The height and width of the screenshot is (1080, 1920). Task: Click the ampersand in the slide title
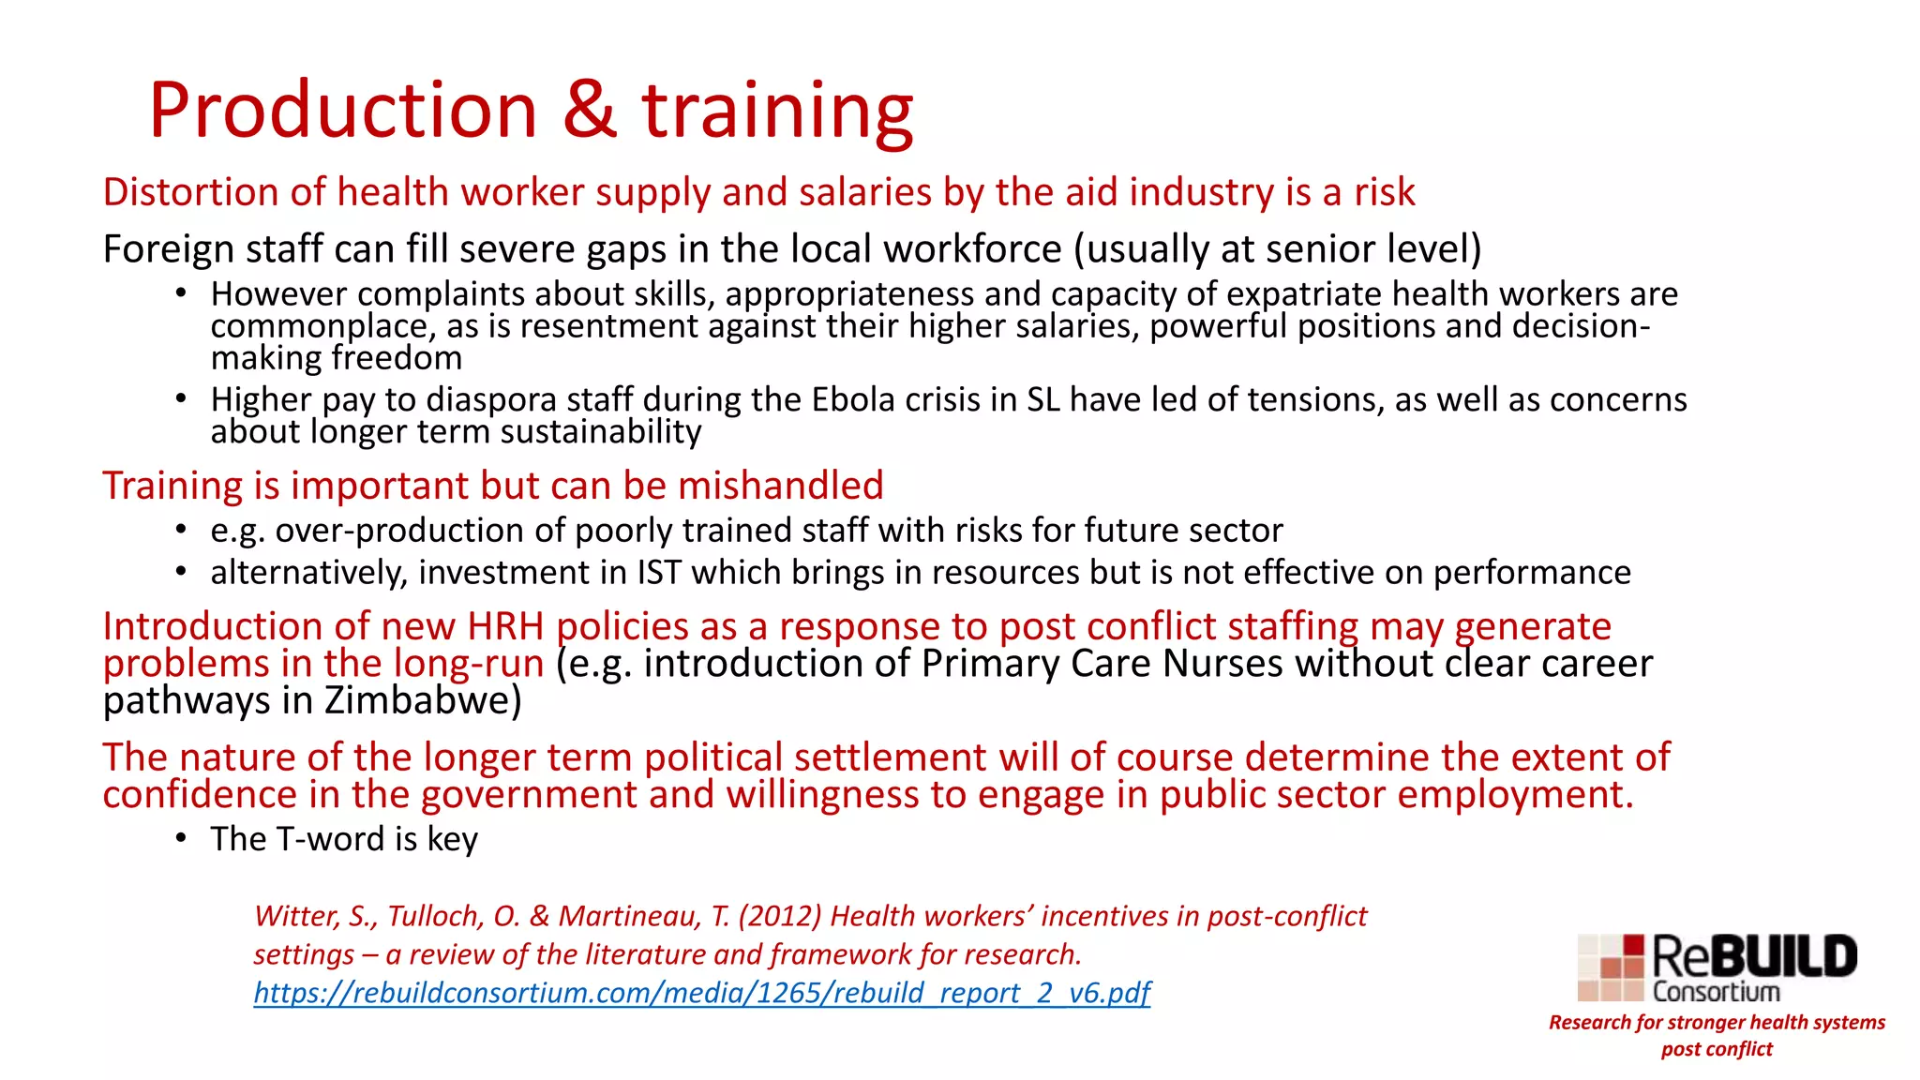590,110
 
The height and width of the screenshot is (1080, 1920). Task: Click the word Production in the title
343,110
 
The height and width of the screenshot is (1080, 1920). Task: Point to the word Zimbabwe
423,701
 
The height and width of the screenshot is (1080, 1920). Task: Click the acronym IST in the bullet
659,573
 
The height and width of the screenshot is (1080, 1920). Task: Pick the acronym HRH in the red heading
506,626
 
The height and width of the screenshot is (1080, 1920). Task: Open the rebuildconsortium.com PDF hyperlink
701,993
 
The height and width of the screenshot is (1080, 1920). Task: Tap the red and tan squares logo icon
1612,967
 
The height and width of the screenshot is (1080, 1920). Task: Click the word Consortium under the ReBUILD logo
1716,992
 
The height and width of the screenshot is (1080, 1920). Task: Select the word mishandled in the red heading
780,486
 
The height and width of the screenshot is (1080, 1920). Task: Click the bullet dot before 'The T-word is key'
181,837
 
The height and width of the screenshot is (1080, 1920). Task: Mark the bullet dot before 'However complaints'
181,293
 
